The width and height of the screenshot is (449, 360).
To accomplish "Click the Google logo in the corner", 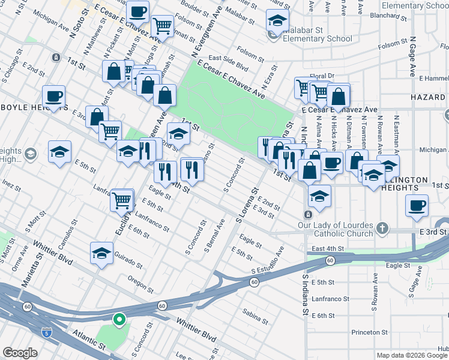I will pyautogui.click(x=20, y=353).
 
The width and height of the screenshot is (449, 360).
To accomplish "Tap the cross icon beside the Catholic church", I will pyautogui.click(x=382, y=227).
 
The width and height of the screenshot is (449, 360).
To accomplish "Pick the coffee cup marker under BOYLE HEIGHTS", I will pyautogui.click(x=53, y=96).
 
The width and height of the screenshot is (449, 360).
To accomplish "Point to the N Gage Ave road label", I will pyautogui.click(x=412, y=57).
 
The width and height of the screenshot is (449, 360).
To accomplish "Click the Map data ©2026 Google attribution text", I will pyautogui.click(x=412, y=355).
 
